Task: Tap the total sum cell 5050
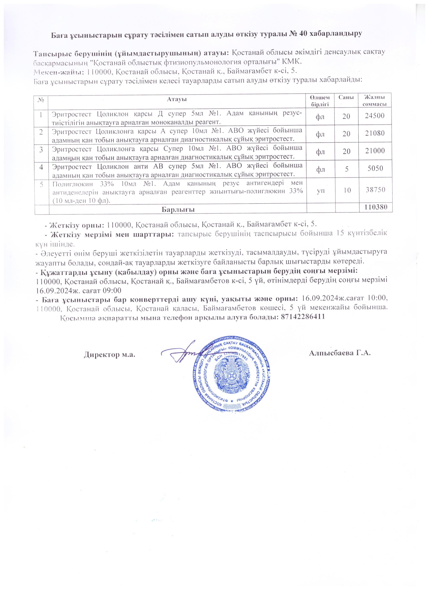coord(375,169)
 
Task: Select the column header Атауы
coord(177,99)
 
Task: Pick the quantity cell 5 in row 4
coord(346,169)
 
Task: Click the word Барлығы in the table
coord(178,209)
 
